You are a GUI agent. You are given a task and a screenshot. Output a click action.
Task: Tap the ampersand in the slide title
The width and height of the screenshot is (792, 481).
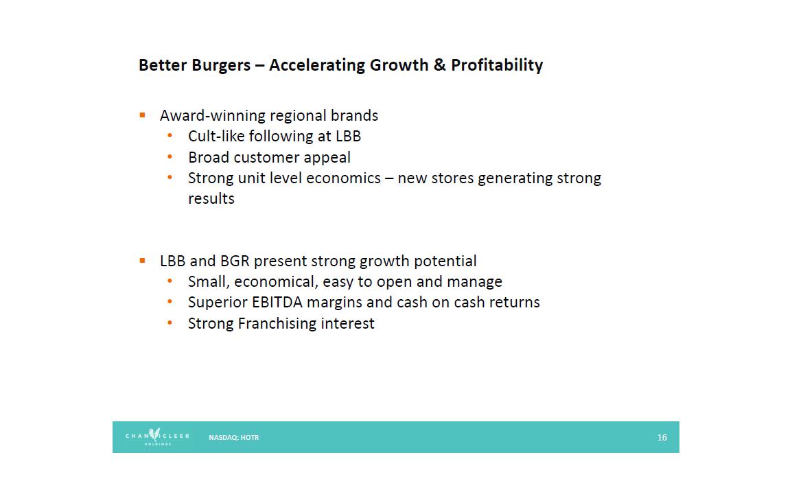click(439, 64)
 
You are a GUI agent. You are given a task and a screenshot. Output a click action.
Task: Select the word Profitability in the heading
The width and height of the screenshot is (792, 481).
click(497, 65)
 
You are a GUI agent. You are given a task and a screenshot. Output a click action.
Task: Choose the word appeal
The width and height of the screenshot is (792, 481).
click(327, 158)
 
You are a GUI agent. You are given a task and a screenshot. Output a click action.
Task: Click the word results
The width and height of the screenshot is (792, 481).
click(211, 198)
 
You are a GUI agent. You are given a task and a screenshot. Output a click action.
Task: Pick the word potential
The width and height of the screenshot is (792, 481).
click(445, 261)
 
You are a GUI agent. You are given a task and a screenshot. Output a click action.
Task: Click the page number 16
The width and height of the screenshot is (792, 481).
click(662, 438)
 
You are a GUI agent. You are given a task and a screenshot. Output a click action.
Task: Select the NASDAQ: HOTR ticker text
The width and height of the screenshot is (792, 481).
click(234, 438)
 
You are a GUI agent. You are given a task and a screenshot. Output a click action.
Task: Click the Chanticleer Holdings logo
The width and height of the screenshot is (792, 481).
click(157, 437)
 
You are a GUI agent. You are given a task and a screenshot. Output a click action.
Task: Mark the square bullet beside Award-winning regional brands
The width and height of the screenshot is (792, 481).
click(143, 115)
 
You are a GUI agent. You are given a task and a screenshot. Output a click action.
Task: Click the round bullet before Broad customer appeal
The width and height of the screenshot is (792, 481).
click(170, 157)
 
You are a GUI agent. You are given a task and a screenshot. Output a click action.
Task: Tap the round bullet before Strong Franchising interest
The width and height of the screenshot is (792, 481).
click(170, 322)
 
